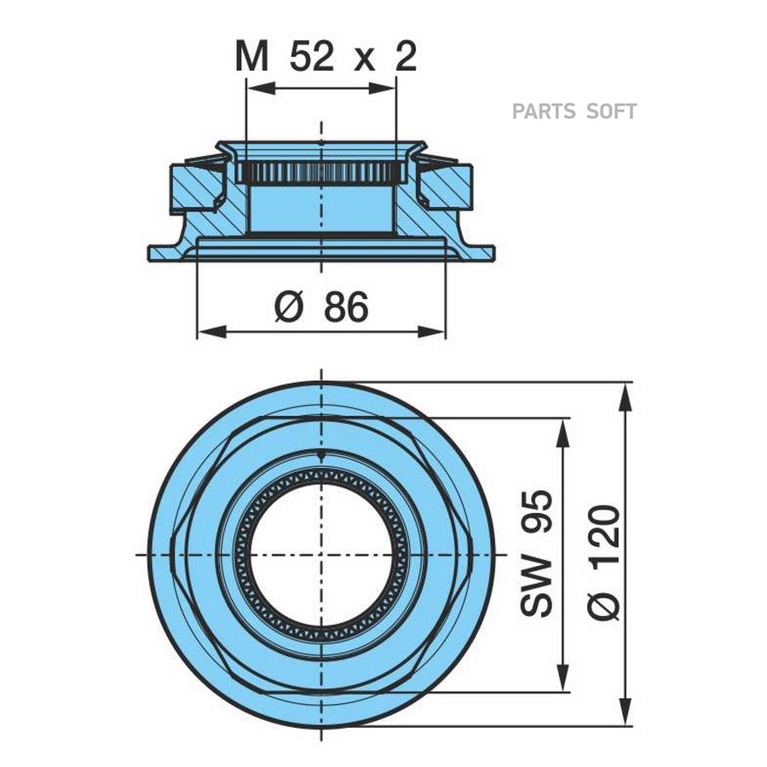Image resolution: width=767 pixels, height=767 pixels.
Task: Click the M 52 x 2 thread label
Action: (326, 57)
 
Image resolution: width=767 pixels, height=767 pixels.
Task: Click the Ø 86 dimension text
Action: (321, 307)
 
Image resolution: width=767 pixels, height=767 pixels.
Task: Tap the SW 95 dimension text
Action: (538, 554)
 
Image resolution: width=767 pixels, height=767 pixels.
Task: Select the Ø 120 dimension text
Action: (604, 562)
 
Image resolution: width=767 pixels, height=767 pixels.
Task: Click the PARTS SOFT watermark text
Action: (574, 112)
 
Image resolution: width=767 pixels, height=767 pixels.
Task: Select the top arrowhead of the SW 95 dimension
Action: (562, 427)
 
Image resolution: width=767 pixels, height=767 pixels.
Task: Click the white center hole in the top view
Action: (321, 554)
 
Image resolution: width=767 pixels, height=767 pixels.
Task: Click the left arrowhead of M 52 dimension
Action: (254, 88)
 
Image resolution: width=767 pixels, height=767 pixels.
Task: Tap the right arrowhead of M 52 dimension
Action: (389, 88)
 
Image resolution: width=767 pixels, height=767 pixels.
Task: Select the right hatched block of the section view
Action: (450, 187)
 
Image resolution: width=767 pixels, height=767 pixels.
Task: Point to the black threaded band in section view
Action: (321, 173)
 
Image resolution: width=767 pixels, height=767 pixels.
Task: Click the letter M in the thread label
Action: (251, 57)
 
